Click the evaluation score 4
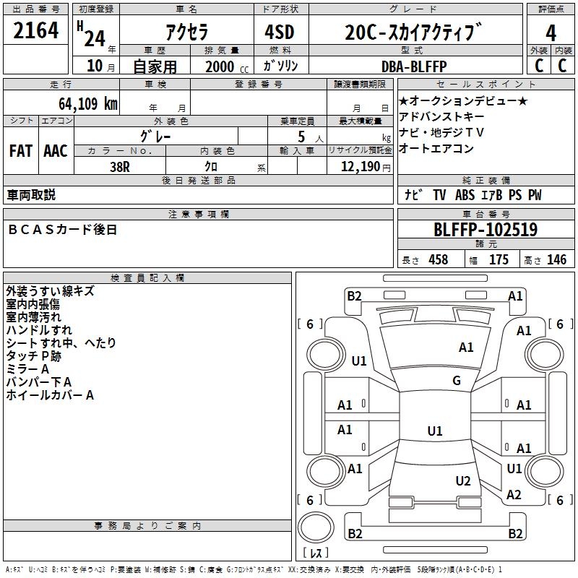pyautogui.click(x=551, y=33)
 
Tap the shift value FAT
pyautogui.click(x=20, y=151)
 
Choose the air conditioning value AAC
pyautogui.click(x=56, y=151)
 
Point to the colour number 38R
pyautogui.click(x=119, y=165)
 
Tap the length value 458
pyautogui.click(x=438, y=260)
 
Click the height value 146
pyautogui.click(x=556, y=260)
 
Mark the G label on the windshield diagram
pyautogui.click(x=457, y=381)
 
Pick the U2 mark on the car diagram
pyautogui.click(x=463, y=481)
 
